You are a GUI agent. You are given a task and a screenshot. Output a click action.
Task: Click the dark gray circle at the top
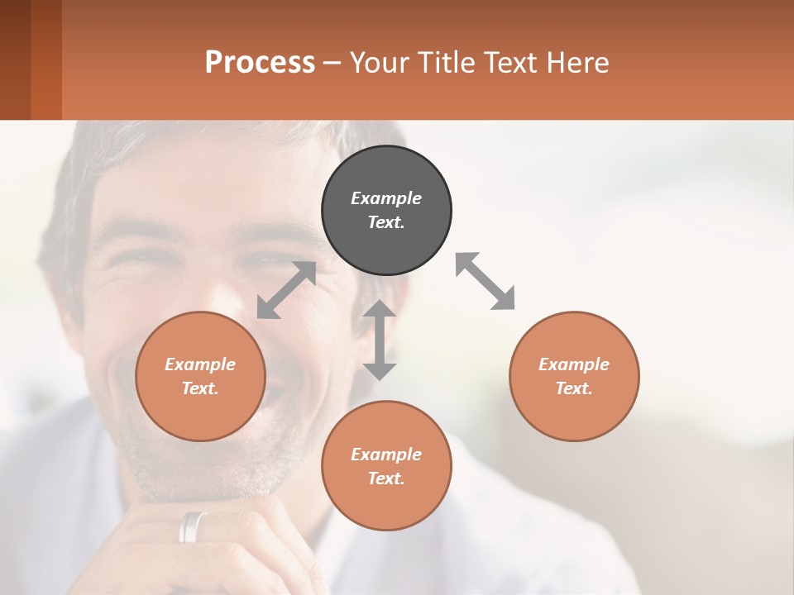click(x=386, y=210)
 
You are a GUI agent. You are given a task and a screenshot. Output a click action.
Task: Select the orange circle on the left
click(x=200, y=376)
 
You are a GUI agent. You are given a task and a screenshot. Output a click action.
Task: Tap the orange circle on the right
click(x=574, y=376)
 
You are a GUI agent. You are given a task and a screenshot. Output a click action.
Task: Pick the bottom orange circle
click(x=386, y=465)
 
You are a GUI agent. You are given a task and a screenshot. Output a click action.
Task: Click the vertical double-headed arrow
click(x=380, y=340)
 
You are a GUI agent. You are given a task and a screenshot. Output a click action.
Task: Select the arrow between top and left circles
click(x=286, y=290)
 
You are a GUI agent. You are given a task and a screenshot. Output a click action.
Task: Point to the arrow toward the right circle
click(x=485, y=281)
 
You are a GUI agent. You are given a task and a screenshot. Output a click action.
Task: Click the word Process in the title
click(x=260, y=62)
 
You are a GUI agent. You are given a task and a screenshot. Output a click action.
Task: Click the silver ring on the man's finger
click(x=194, y=526)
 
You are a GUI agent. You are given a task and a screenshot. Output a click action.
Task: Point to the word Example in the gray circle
click(x=386, y=198)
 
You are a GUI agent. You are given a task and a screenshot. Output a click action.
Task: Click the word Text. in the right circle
click(x=574, y=388)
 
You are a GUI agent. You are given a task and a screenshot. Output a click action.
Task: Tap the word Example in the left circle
click(x=200, y=364)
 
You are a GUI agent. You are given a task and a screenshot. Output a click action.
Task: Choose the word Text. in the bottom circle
click(x=386, y=478)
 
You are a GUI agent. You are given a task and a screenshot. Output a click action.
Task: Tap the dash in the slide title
click(x=332, y=63)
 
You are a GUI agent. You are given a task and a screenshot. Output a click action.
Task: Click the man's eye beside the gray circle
click(x=273, y=261)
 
